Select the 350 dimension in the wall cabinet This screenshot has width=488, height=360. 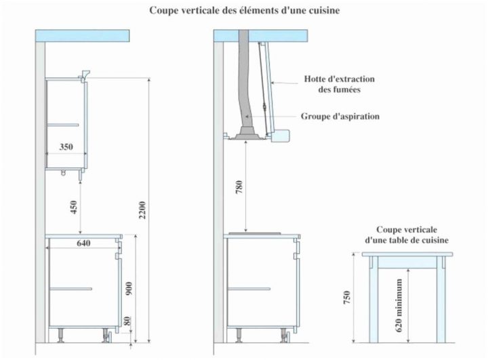click(x=66, y=146)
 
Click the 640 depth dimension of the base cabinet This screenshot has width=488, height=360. click(x=83, y=243)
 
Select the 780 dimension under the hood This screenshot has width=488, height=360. click(x=239, y=187)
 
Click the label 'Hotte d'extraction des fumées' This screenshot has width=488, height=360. click(x=339, y=84)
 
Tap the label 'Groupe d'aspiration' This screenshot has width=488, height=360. click(x=340, y=116)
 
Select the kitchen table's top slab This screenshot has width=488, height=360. click(x=407, y=255)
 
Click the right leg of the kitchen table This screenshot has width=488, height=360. click(x=441, y=298)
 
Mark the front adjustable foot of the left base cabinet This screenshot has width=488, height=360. click(x=106, y=334)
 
